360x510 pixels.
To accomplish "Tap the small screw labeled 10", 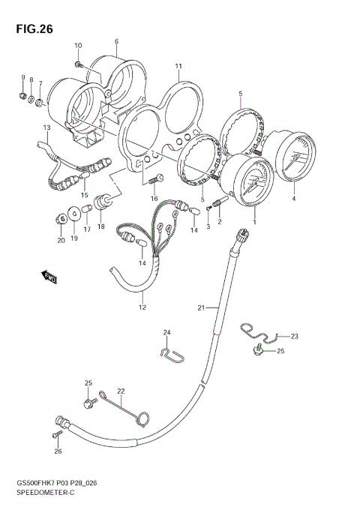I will (x=81, y=65).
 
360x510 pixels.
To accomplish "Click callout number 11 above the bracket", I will (x=178, y=66).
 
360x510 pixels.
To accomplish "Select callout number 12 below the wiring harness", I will (x=142, y=307).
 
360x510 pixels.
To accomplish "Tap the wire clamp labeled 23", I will (x=262, y=331).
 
